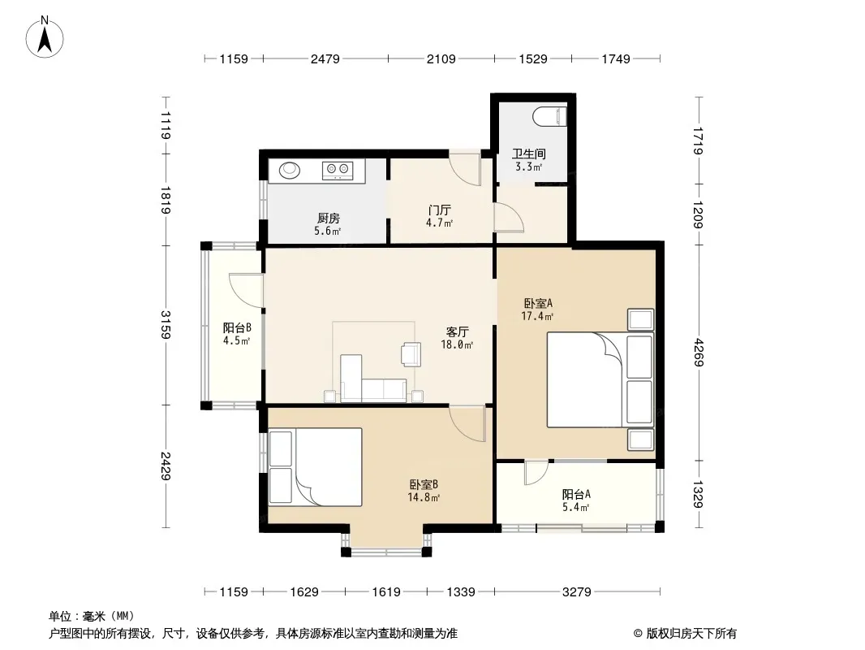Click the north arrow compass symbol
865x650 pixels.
point(45,37)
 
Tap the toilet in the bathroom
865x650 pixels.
point(550,116)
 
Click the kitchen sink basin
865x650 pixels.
point(289,170)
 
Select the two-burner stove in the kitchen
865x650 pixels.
point(337,171)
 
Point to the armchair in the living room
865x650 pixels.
point(411,354)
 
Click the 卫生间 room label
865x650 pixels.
point(528,154)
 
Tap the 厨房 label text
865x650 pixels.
point(329,219)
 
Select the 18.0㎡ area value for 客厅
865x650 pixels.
point(457,345)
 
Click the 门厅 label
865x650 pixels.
point(439,210)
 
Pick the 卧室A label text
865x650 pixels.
point(538,303)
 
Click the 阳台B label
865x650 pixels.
point(237,327)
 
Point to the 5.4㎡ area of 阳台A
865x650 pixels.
point(576,507)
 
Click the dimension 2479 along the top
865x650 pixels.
point(325,58)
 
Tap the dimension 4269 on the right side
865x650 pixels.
point(699,353)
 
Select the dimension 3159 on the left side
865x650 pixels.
point(166,324)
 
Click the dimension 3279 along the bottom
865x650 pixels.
point(576,592)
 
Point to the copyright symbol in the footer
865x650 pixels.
point(638,634)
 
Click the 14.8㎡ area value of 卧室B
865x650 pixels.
point(424,497)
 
